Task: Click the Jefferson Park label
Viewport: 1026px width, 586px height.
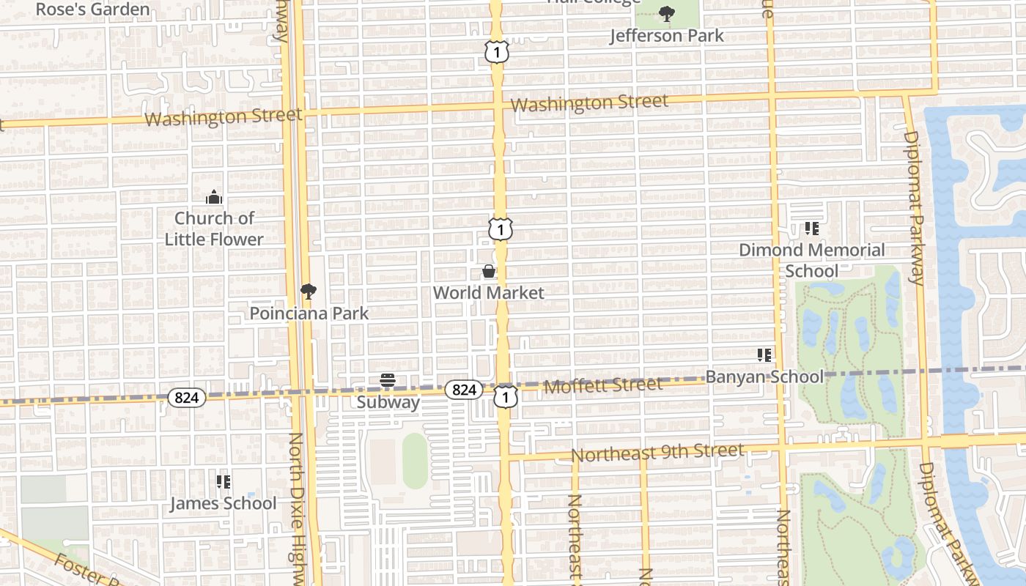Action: coord(666,35)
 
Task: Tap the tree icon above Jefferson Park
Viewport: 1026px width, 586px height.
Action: coord(666,13)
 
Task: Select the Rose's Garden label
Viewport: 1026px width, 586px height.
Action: coord(92,10)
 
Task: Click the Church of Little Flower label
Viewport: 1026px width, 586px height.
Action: coord(213,229)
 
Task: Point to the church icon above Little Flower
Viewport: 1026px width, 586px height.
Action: coord(213,196)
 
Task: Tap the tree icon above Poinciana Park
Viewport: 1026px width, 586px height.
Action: coord(309,292)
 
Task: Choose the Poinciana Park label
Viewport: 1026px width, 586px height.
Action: coord(309,314)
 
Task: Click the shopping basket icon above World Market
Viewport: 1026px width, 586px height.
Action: coord(489,272)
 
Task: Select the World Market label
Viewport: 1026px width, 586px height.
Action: coord(489,293)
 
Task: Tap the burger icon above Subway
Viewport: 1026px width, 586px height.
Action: coord(388,380)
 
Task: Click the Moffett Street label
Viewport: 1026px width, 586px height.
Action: coord(603,385)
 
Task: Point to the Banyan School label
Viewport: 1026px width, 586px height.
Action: coord(764,377)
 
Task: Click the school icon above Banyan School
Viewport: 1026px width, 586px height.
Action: coord(764,355)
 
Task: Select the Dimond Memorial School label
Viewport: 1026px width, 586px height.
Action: coord(811,260)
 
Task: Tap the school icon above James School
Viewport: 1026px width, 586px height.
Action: coord(224,482)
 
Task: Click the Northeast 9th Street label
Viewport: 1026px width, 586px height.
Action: coord(657,453)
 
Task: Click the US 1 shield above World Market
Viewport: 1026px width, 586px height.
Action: coord(500,230)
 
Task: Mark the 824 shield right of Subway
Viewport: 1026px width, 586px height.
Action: coord(464,390)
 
